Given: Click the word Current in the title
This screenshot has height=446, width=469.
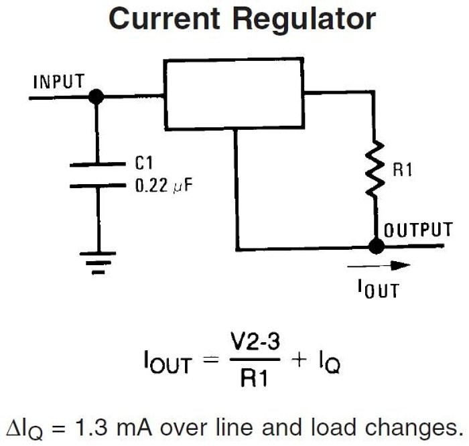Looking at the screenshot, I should [165, 20].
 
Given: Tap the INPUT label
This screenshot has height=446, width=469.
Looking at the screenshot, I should [59, 82].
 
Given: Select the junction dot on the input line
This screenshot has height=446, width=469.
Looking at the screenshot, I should [96, 98].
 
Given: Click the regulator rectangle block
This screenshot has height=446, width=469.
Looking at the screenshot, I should [234, 94].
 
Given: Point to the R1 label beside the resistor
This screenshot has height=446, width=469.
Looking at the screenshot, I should [402, 170].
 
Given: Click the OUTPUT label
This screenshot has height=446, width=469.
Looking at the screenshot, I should [417, 230].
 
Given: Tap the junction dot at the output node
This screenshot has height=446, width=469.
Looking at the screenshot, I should [377, 246].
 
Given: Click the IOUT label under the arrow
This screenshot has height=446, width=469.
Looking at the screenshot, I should [379, 290].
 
